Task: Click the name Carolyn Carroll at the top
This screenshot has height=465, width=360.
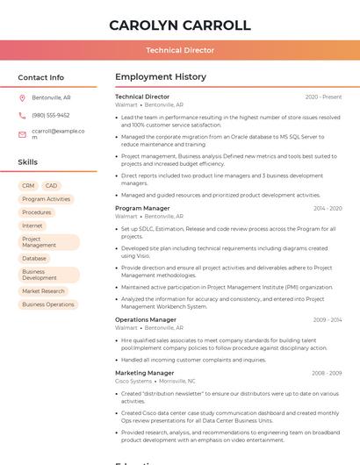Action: click(x=180, y=25)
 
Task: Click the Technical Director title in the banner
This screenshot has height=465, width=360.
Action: click(x=180, y=50)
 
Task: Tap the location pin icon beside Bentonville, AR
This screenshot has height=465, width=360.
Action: click(x=22, y=97)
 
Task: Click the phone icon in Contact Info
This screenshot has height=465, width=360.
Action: click(x=22, y=115)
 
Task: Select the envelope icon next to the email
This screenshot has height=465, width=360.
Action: click(x=22, y=134)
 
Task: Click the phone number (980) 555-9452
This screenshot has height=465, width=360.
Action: click(x=51, y=115)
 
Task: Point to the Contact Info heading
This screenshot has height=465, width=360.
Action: click(x=41, y=77)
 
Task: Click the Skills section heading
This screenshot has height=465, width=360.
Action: click(x=28, y=162)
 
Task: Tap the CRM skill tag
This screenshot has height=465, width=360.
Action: click(x=28, y=186)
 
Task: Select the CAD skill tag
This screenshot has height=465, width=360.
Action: click(x=51, y=186)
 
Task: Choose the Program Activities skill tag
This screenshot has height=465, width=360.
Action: click(x=46, y=199)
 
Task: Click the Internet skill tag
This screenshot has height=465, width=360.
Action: click(x=32, y=225)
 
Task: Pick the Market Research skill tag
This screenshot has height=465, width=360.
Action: click(x=43, y=291)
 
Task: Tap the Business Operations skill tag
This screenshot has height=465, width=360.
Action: click(x=48, y=304)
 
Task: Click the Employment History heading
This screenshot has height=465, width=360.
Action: click(x=161, y=77)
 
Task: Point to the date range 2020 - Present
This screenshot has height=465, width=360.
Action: click(x=323, y=97)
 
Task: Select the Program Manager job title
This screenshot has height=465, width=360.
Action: click(x=142, y=209)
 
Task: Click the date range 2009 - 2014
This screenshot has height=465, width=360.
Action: click(x=327, y=320)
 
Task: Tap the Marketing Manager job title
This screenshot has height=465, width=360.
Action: click(x=144, y=373)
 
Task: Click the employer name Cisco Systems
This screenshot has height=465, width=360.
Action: click(x=133, y=382)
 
